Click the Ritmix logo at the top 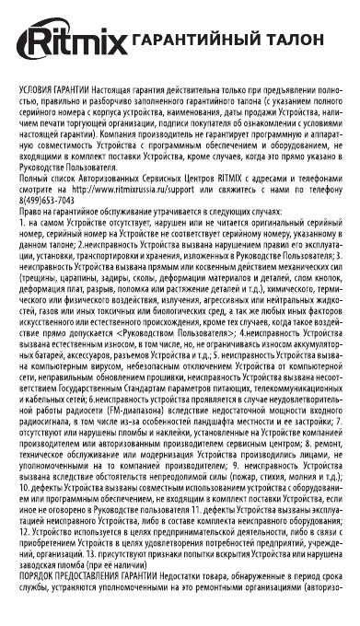[x=73, y=42]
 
